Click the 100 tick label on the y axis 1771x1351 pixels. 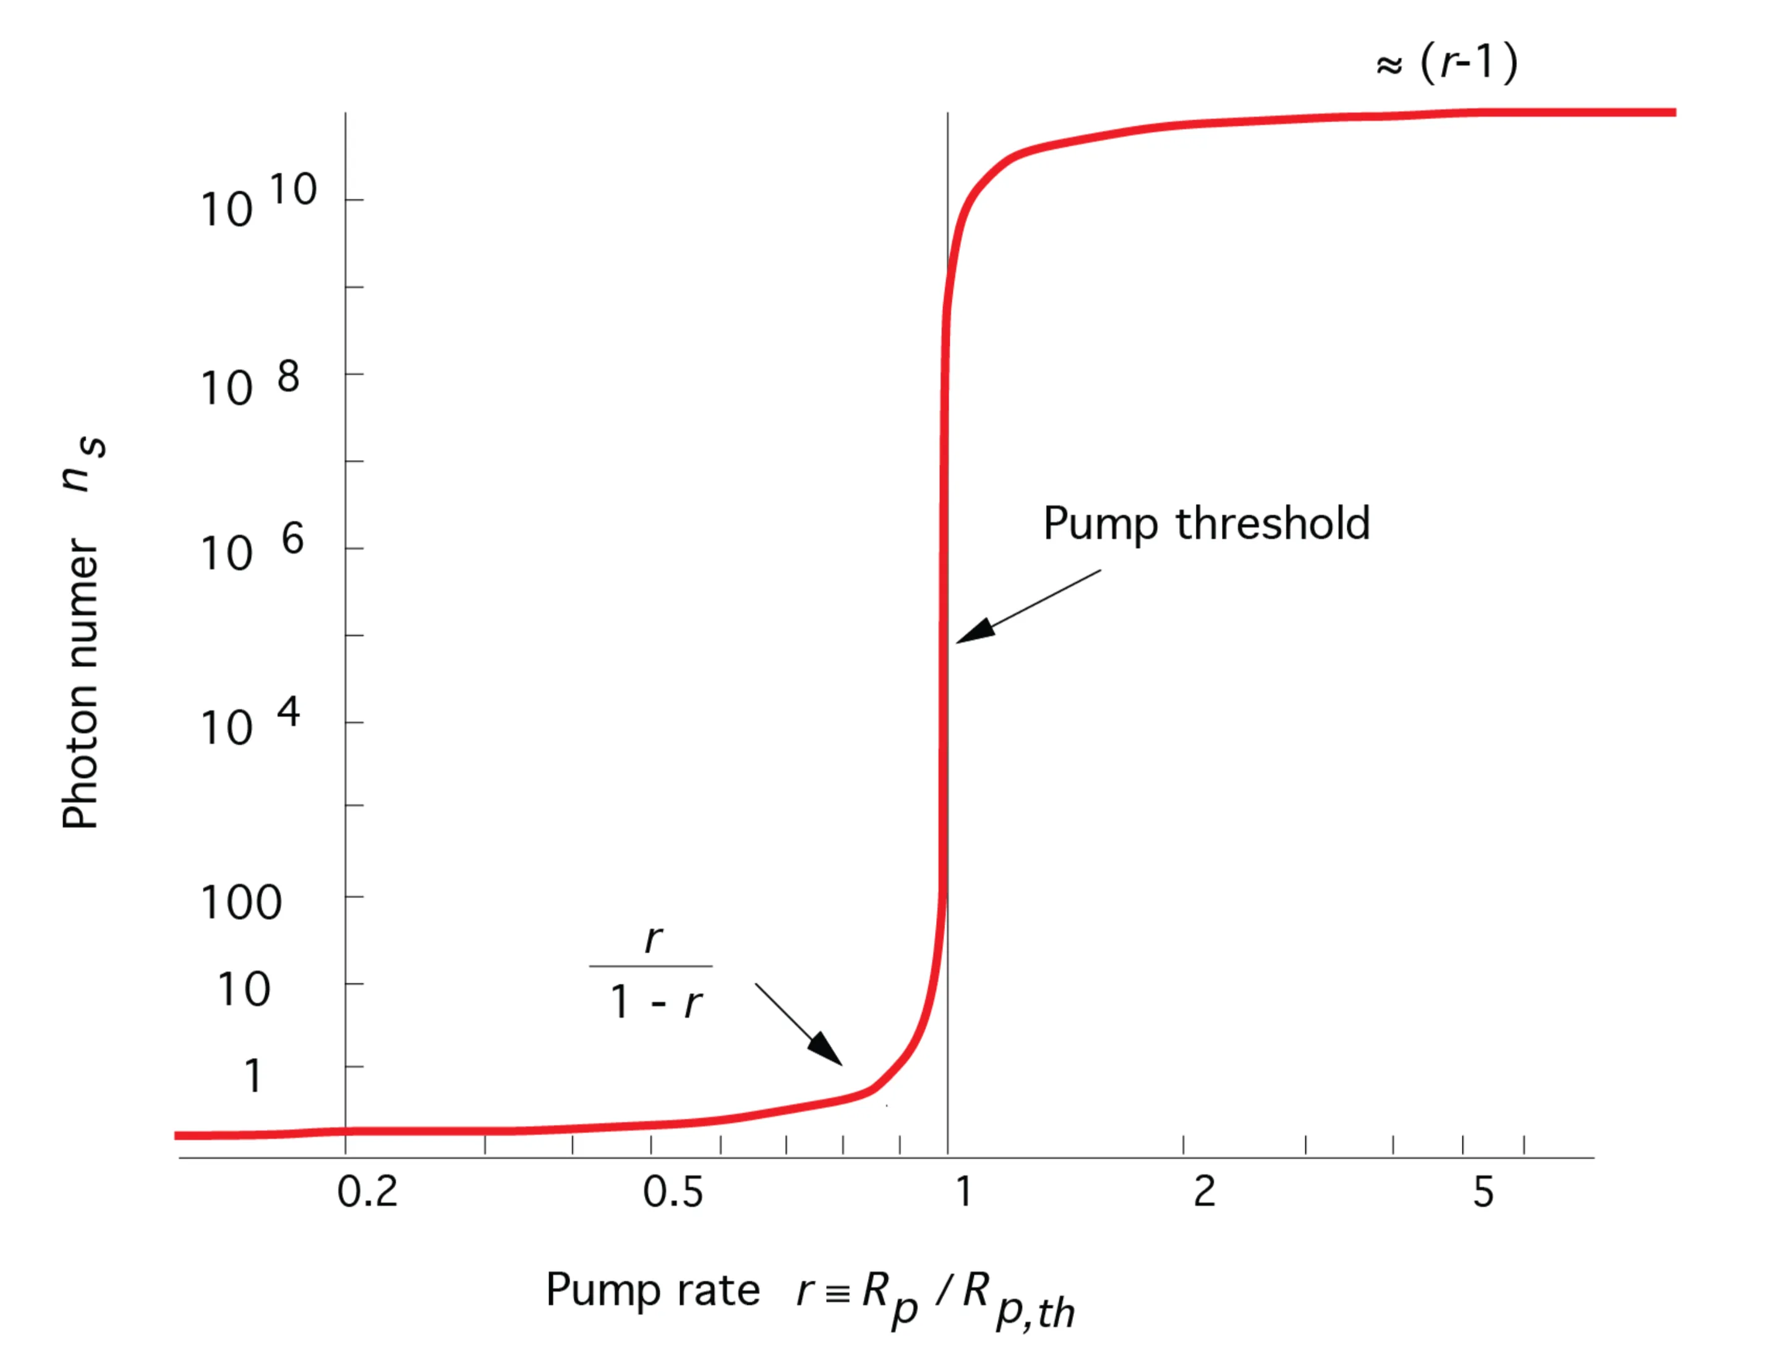coord(241,902)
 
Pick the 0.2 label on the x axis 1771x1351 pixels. coord(367,1191)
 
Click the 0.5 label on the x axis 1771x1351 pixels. coord(672,1191)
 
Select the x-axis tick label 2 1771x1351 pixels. coord(1203,1191)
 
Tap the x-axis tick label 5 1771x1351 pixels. coord(1483,1191)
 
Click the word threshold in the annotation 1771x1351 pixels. coord(1273,524)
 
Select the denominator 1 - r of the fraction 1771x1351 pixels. coord(655,1003)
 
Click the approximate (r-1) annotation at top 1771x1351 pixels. coord(1447,62)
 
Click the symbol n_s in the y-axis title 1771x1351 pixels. coord(83,465)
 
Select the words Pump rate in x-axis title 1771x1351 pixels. coord(652,1290)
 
